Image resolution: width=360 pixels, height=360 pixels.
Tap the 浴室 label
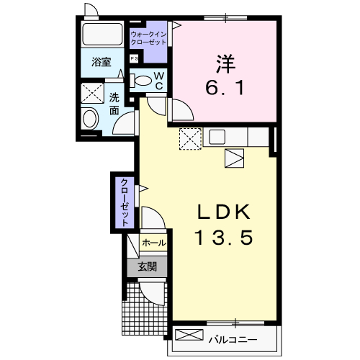coord(102,63)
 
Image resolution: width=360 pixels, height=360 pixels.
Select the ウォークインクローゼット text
coord(148,38)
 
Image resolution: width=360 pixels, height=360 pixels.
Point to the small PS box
coord(134,59)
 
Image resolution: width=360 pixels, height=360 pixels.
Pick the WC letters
coord(159,81)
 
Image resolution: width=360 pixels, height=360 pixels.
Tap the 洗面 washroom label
coord(114,104)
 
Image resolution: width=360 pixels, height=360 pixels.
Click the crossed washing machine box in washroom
coord(92,92)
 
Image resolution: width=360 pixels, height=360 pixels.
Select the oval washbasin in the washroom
coord(91,118)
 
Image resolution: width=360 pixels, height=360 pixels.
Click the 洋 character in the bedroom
coord(223,63)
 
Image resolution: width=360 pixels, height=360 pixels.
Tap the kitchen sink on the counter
coord(218,138)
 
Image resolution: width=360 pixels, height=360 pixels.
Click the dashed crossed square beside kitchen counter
coord(190,137)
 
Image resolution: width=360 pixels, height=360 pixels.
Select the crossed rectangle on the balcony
coord(189,336)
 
